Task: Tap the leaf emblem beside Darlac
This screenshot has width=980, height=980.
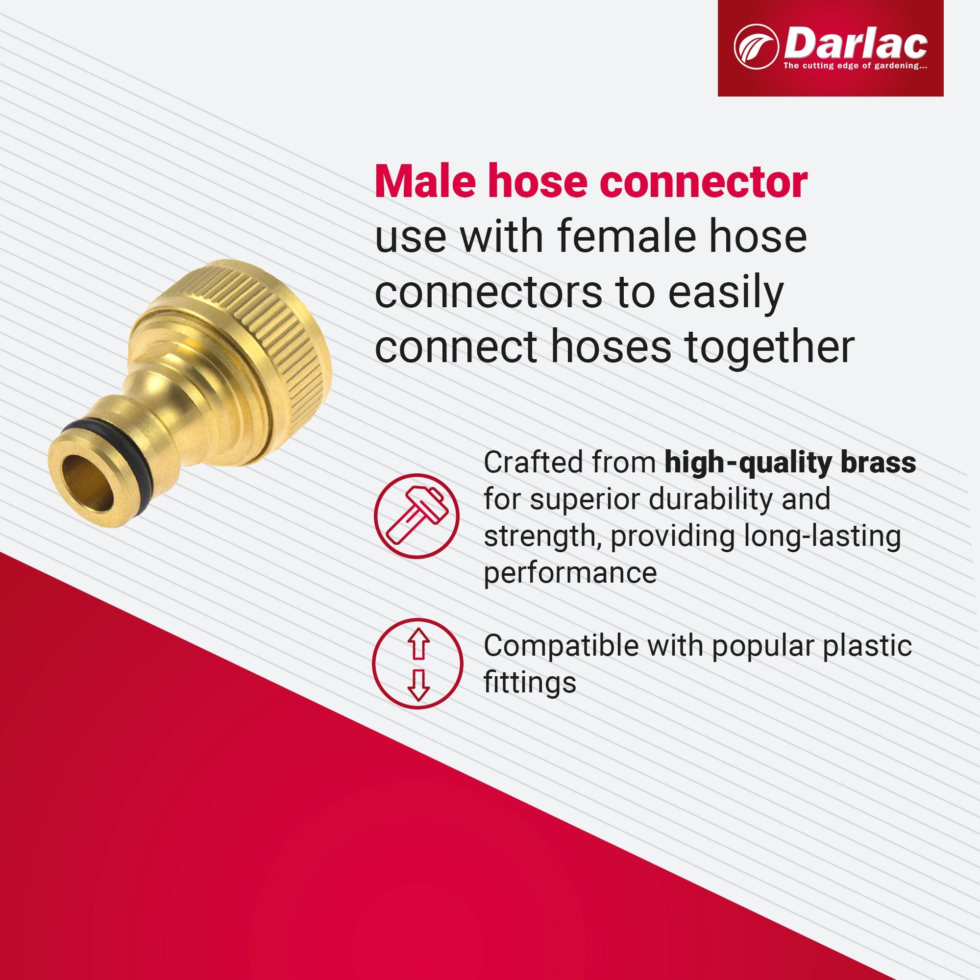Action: tap(756, 47)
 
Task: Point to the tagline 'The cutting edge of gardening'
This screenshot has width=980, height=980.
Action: tap(855, 66)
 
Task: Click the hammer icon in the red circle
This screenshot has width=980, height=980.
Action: tap(416, 515)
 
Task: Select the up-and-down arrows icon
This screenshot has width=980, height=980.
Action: tap(417, 663)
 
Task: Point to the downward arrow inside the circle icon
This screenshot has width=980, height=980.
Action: tap(418, 685)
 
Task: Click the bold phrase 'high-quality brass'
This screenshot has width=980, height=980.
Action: tap(790, 463)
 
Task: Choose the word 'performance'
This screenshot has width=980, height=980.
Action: tap(570, 573)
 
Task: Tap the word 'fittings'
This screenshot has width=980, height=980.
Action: tap(530, 682)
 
